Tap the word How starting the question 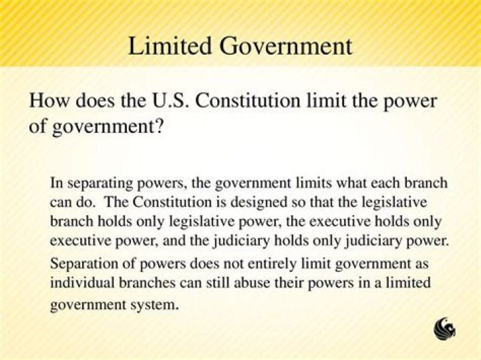click(47, 102)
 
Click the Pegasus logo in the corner click(445, 328)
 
